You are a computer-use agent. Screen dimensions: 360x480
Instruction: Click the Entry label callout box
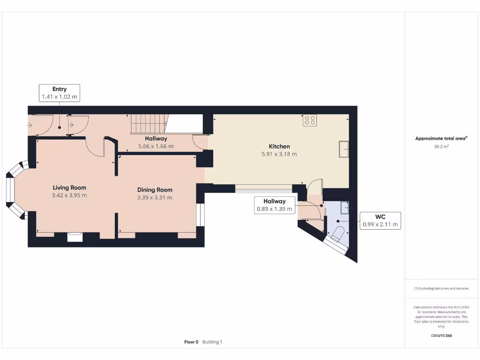pyautogui.click(x=60, y=93)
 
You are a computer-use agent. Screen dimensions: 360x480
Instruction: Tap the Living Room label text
pyautogui.click(x=69, y=187)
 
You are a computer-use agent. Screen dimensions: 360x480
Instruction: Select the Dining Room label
pyautogui.click(x=155, y=190)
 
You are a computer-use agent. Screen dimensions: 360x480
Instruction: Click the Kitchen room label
pyautogui.click(x=279, y=146)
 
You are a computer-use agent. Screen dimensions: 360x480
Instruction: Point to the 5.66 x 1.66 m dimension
pyautogui.click(x=156, y=146)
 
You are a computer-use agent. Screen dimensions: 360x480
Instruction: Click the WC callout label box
pyautogui.click(x=380, y=220)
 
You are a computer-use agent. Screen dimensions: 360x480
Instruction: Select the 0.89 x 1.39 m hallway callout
pyautogui.click(x=274, y=205)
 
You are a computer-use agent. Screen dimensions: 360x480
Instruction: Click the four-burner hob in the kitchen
pyautogui.click(x=309, y=120)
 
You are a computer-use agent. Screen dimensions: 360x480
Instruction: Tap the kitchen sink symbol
pyautogui.click(x=344, y=149)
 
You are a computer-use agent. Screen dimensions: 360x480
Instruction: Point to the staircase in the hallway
pyautogui.click(x=148, y=124)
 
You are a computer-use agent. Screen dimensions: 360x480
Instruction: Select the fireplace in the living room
pyautogui.click(x=75, y=237)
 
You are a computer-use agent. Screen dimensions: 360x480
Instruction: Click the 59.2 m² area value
pyautogui.click(x=441, y=147)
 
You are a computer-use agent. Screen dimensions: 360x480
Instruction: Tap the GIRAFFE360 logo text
pyautogui.click(x=441, y=336)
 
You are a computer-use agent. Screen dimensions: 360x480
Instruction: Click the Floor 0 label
pyautogui.click(x=191, y=342)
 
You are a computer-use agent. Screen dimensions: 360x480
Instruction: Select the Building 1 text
pyautogui.click(x=212, y=342)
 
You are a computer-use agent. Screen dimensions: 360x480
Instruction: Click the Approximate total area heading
pyautogui.click(x=441, y=138)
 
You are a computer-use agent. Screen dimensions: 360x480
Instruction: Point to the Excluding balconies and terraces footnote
pyautogui.click(x=441, y=288)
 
